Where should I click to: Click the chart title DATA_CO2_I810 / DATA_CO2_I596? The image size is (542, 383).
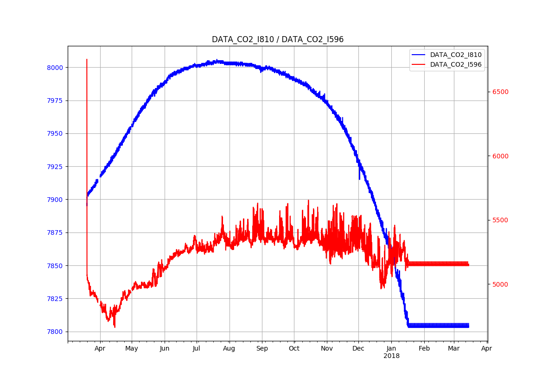click(277, 39)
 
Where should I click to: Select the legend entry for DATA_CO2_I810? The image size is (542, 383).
click(455, 55)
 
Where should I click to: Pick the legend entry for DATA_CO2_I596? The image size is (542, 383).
click(455, 64)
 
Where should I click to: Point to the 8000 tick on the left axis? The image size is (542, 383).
click(55, 68)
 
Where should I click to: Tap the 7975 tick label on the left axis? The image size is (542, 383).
click(55, 100)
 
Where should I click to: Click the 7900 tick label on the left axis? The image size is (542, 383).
click(55, 200)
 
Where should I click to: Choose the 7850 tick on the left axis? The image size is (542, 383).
click(55, 266)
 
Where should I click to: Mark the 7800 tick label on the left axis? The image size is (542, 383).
click(55, 332)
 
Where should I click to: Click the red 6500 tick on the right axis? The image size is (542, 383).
click(500, 92)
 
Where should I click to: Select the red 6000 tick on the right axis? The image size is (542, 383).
click(500, 156)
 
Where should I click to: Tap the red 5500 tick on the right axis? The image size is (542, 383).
click(500, 220)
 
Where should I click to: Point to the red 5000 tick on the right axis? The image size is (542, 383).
click(500, 284)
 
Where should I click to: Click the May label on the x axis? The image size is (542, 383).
click(132, 348)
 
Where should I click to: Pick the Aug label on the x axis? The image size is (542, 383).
click(229, 348)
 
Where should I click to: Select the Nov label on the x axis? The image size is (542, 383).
click(327, 348)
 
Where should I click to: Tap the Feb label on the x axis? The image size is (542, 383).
click(424, 348)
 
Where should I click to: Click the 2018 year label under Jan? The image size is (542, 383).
click(391, 356)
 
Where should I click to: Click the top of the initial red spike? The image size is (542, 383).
click(87, 59)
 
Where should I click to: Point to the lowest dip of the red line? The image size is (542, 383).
click(115, 327)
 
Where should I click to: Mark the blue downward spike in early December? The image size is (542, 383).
click(359, 179)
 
